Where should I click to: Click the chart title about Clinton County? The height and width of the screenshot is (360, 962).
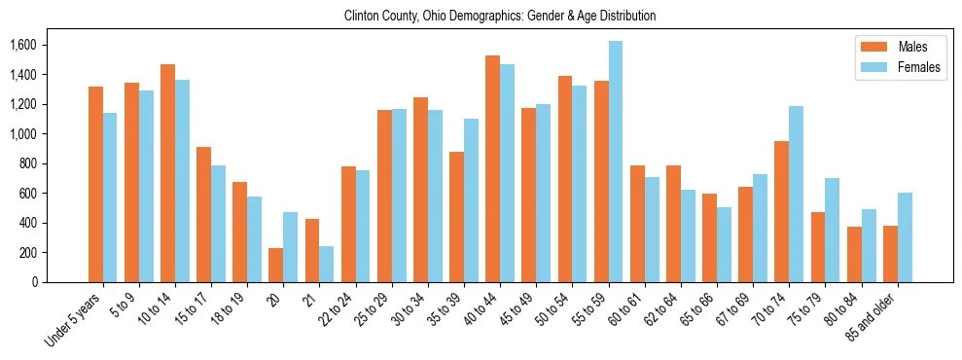point(500,16)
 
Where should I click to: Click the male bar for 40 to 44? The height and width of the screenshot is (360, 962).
point(493,168)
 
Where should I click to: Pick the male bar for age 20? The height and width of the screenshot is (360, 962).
point(276,265)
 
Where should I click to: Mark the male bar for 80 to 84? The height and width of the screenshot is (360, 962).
point(855,254)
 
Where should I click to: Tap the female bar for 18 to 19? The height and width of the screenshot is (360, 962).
point(255,239)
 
